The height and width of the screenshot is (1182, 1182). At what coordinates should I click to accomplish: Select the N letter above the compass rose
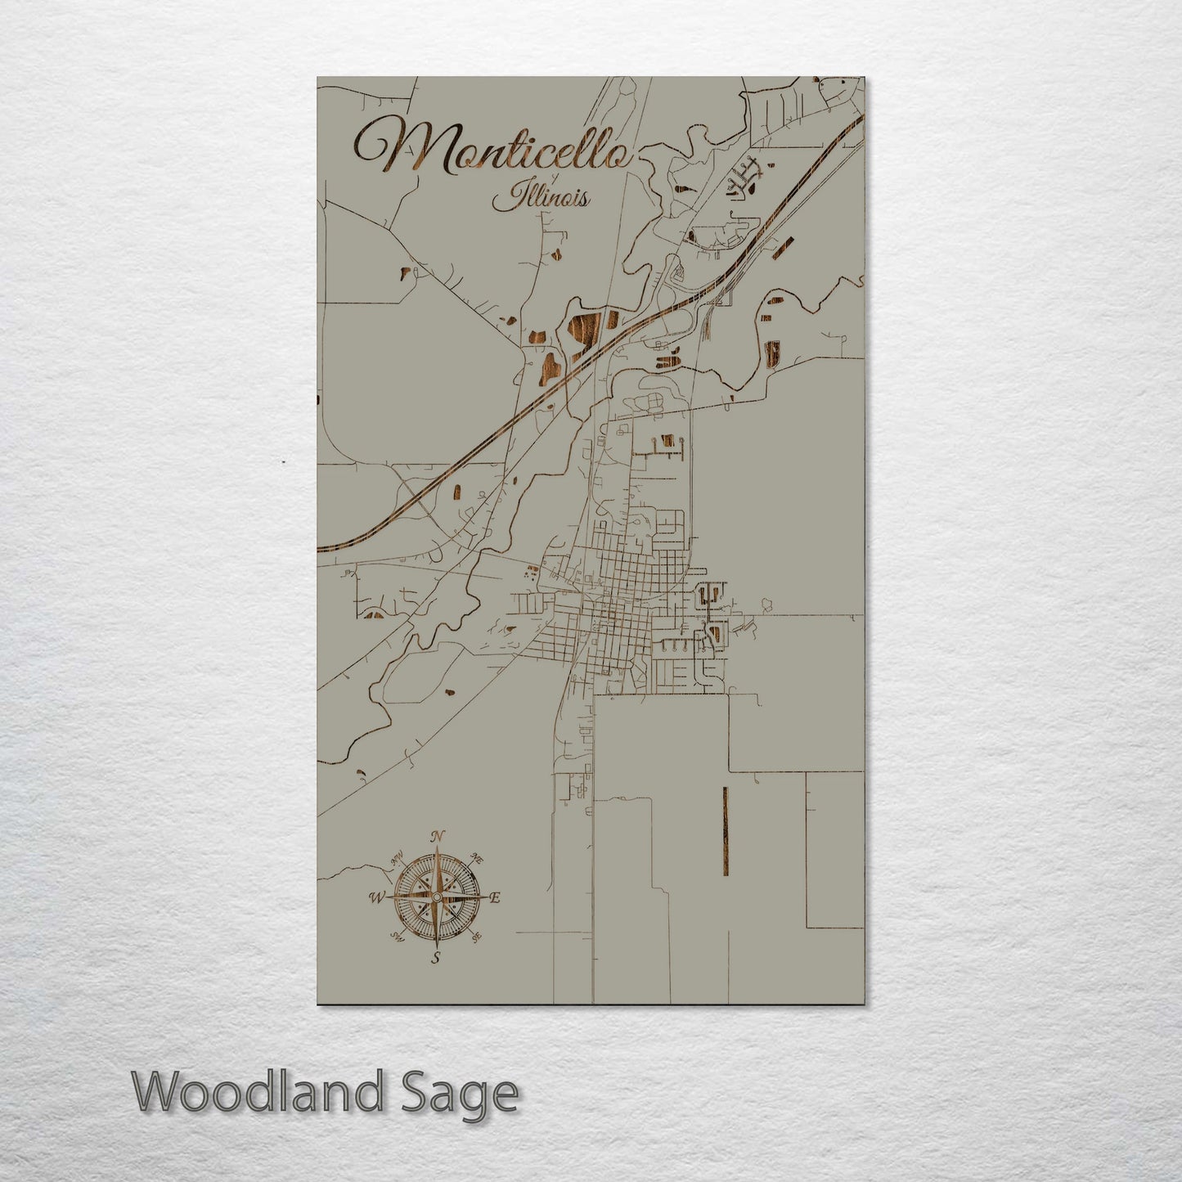coord(438,836)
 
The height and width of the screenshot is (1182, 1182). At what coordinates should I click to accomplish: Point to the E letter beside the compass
coord(495,897)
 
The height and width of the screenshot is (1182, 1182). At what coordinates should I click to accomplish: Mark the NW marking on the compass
coord(398,858)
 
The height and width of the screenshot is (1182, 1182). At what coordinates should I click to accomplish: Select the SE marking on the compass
coord(477,937)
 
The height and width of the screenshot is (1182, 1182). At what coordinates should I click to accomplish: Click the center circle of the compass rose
coord(438,897)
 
